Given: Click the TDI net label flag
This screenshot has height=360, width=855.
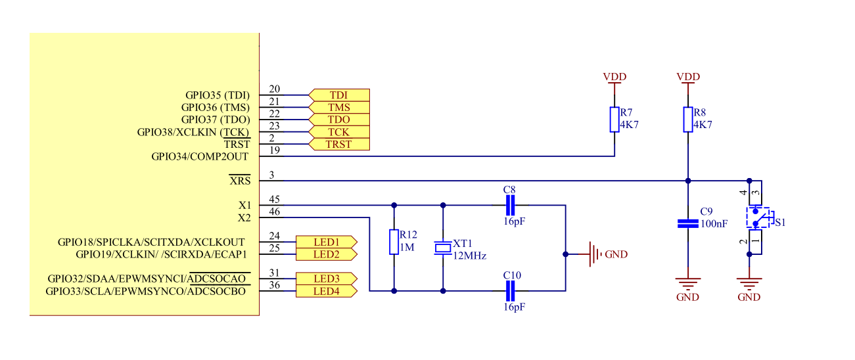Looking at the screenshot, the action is pos(339,95).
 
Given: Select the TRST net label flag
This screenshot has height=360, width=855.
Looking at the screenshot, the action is pos(339,144).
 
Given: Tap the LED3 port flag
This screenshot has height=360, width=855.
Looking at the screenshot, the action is pos(327,279).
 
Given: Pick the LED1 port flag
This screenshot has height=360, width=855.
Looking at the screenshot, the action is pos(327,242).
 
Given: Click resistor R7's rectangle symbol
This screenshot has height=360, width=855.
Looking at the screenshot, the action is pos(614,120).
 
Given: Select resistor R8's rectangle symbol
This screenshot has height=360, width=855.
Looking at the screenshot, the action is pos(688,120).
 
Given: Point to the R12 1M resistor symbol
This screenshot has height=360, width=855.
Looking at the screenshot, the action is pos(394,242).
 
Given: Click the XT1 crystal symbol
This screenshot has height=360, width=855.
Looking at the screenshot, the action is pos(443,248).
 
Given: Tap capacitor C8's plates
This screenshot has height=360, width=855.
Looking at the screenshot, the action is pos(511,205).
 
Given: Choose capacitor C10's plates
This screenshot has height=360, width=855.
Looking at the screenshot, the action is pos(511,291).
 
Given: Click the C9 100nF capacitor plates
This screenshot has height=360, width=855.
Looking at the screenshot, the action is pos(688,224).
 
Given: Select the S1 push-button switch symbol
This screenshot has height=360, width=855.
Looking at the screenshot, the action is pos(758,217).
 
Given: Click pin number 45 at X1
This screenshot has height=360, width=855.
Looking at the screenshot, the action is pos(275,200).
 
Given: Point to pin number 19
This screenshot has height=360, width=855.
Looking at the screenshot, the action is pos(275,150).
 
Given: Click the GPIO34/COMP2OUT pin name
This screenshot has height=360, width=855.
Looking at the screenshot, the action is pos(200,156).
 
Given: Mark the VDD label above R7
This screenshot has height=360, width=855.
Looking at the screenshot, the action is pos(614,77).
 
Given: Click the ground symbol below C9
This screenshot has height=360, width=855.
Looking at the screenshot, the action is pos(688,284).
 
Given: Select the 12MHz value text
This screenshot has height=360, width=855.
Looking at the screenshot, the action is pos(469,256).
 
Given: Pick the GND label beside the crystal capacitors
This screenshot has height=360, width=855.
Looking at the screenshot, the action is pos(616,254).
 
